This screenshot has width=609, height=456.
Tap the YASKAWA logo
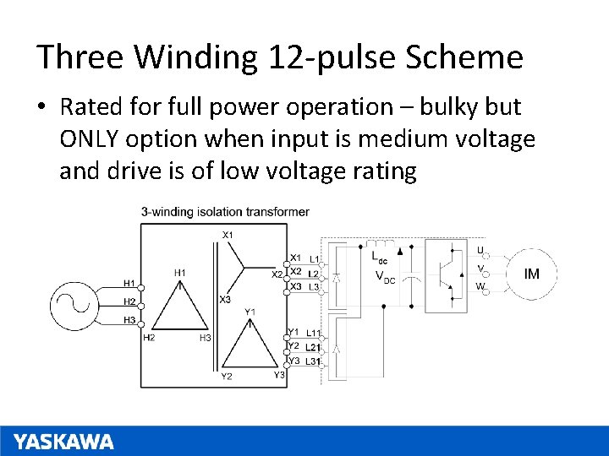pos(63,441)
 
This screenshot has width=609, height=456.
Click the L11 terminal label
pos(312,334)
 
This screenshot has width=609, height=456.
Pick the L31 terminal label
pos(312,361)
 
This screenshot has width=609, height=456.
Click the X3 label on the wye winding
pos(225,300)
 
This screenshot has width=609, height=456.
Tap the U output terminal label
pos(480,250)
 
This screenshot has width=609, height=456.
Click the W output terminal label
pos(480,286)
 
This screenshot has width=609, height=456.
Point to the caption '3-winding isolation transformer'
pos(224,212)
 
